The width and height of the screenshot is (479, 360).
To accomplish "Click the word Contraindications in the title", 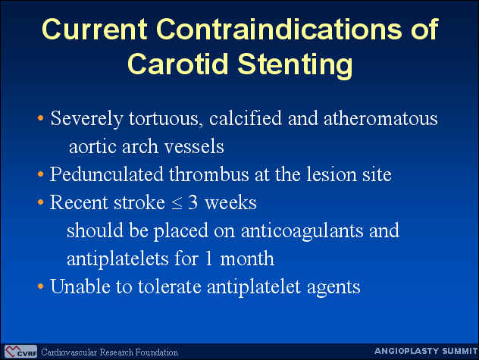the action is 279,29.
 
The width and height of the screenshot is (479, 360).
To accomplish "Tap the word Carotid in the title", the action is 178,64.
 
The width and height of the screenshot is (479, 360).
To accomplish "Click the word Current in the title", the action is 94,29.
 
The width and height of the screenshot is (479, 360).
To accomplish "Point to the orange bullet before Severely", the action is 40,118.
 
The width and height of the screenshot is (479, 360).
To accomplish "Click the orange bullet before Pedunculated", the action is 40,174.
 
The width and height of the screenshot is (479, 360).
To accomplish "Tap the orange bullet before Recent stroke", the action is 40,202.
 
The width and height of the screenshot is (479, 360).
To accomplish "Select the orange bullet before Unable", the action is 40,286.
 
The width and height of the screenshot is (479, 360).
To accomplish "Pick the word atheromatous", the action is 380,118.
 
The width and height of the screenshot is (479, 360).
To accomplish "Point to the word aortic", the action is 92,147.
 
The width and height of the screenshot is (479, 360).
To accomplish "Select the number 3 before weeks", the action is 193,202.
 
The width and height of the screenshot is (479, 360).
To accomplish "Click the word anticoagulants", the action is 302,230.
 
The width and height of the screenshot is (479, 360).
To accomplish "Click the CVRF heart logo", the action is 20,352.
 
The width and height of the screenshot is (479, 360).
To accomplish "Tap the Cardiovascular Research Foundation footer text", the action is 109,352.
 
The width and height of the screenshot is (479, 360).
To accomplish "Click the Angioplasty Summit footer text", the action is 426,351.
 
